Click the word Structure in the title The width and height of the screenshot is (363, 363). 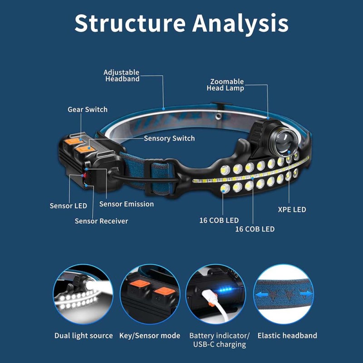(x=130, y=23)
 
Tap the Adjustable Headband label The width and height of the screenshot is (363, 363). (x=122, y=76)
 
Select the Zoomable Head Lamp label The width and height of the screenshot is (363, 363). (x=226, y=85)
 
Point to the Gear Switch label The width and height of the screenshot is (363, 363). (x=88, y=109)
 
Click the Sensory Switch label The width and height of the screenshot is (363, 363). (x=169, y=138)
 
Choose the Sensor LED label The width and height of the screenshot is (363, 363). (x=69, y=206)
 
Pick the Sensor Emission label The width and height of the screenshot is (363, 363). (x=127, y=204)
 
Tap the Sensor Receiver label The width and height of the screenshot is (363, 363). (x=101, y=221)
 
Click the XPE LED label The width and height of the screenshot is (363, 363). (x=292, y=210)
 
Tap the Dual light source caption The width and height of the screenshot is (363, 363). (x=83, y=336)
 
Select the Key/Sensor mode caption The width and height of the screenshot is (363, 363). (x=150, y=336)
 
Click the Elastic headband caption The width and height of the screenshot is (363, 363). (x=287, y=335)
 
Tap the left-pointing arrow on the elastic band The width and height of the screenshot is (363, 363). (x=262, y=294)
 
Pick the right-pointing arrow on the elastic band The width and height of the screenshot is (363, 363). (x=306, y=294)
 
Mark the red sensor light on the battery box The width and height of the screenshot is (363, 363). (x=85, y=176)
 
